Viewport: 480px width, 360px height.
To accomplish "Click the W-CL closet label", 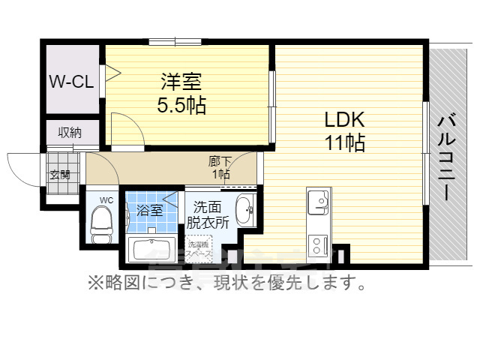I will click(x=72, y=82).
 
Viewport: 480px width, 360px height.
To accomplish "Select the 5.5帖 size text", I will click(x=181, y=104).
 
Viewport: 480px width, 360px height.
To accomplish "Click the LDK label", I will click(x=344, y=119).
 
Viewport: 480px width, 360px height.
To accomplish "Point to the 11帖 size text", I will click(x=344, y=142).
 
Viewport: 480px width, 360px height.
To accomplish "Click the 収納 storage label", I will click(x=70, y=133).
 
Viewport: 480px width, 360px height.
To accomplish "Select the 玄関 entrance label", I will click(x=60, y=174).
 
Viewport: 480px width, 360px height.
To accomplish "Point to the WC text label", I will click(x=106, y=200).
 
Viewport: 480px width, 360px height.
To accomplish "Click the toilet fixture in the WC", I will click(x=100, y=224).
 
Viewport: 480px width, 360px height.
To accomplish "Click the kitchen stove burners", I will click(x=318, y=244).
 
